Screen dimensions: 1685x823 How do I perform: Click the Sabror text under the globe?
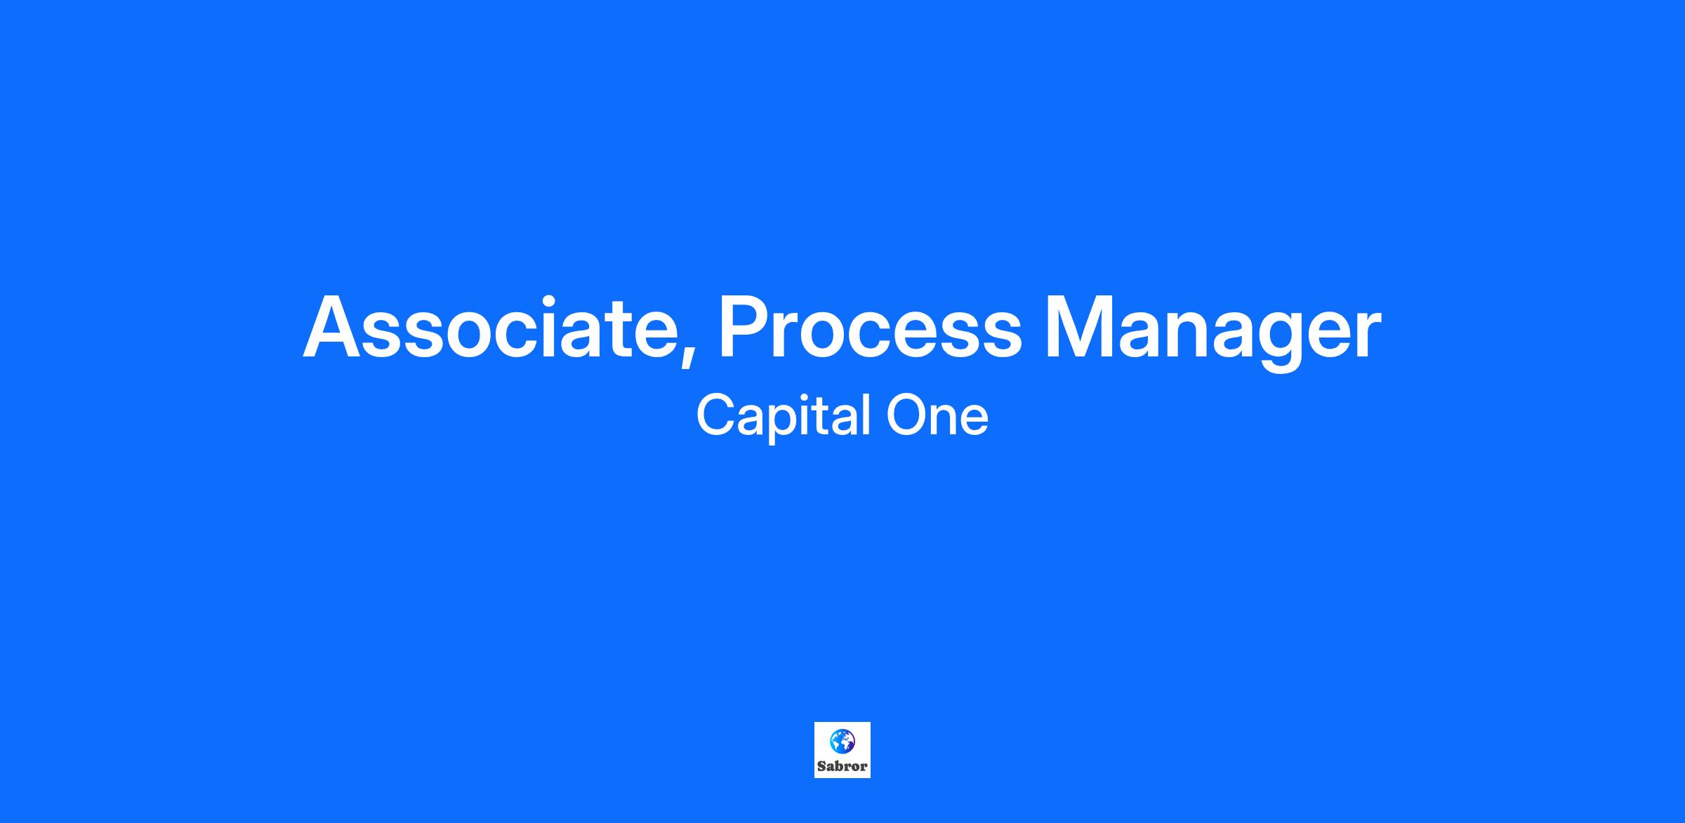click(x=842, y=767)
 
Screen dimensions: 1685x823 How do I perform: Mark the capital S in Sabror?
click(x=822, y=767)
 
